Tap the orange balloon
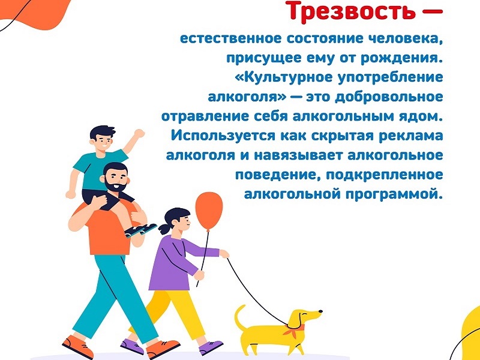209,211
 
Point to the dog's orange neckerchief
294,330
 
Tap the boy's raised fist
139,133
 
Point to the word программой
394,194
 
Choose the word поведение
278,175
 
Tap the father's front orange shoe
162,349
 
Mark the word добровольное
389,97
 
